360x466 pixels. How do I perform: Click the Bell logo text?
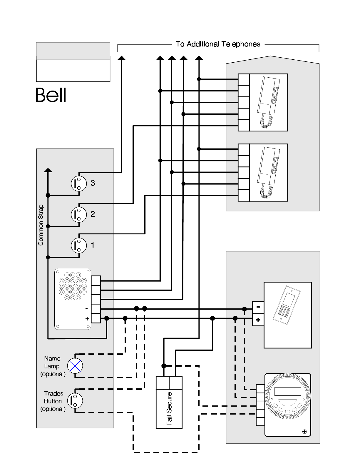(51, 95)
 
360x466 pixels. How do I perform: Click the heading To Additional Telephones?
(218, 44)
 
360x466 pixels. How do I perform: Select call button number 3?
(79, 183)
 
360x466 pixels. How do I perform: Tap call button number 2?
(79, 214)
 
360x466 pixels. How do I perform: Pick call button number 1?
(79, 245)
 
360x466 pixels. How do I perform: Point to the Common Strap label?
(41, 225)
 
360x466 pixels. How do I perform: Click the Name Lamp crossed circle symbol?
(75, 366)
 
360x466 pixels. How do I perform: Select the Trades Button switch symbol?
(75, 401)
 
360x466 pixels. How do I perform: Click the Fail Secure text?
(169, 409)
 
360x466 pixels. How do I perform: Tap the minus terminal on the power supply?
(258, 308)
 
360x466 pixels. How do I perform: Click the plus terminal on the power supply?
(258, 320)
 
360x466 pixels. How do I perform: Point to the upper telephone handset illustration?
(269, 102)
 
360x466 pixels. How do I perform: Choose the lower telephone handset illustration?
(269, 172)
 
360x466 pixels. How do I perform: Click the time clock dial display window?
(287, 391)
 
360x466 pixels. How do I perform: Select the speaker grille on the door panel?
(73, 286)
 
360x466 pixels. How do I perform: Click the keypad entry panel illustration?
(287, 305)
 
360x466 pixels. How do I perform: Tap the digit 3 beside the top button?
(93, 183)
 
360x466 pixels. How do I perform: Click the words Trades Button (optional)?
(53, 401)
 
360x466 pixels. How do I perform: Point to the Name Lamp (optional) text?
(53, 366)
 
